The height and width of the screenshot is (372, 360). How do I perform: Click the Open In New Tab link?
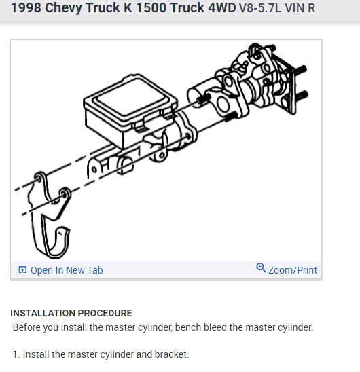(67, 270)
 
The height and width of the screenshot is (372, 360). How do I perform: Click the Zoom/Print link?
(292, 270)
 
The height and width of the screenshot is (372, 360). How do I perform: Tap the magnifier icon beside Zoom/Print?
(261, 268)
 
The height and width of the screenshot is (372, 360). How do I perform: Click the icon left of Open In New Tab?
(22, 270)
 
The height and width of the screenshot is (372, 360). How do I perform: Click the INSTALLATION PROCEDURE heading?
(71, 313)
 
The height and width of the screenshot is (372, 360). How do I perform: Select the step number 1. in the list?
(16, 354)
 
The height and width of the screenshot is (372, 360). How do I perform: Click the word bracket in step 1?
(172, 354)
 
